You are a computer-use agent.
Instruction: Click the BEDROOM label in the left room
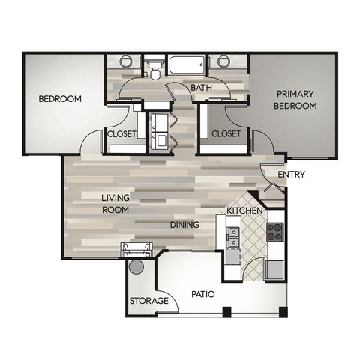60,99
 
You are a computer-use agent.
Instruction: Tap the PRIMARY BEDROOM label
295,100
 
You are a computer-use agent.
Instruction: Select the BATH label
201,88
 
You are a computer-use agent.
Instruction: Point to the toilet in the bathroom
154,70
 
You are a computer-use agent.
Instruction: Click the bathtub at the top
187,64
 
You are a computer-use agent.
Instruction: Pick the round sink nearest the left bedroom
126,61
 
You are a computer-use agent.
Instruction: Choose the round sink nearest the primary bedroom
223,61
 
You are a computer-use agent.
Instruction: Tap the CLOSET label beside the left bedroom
121,134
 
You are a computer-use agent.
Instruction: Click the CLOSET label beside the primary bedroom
226,133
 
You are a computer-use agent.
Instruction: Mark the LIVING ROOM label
115,204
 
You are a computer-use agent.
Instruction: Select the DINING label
184,225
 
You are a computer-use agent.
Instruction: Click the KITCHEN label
244,211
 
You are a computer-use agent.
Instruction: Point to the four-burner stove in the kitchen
275,232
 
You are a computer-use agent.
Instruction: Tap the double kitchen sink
233,237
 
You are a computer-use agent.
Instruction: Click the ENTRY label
292,174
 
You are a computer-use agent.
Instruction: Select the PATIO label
203,294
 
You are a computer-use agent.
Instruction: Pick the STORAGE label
149,301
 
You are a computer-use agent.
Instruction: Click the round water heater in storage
136,267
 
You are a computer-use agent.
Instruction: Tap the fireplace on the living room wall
136,250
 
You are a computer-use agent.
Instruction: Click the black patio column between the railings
227,312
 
